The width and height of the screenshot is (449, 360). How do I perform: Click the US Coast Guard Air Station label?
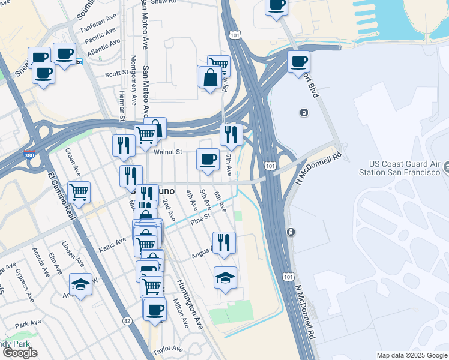[405, 169]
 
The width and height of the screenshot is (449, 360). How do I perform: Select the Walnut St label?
[167, 152]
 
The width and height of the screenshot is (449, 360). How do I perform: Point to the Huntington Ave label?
[190, 304]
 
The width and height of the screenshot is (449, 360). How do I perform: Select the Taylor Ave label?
[167, 349]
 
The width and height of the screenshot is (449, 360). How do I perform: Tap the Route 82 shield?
[127, 322]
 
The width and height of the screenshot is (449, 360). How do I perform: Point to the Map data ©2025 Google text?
[411, 355]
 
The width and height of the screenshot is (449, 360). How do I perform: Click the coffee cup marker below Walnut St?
[208, 160]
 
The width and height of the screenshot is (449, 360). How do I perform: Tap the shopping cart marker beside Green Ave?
[79, 193]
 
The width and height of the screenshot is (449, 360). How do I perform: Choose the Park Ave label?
[28, 324]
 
